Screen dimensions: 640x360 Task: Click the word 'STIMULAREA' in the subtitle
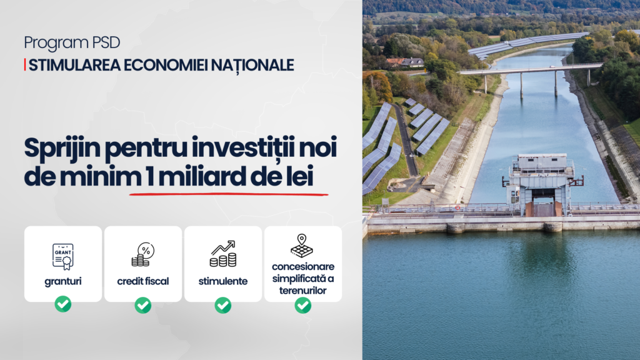[75, 65]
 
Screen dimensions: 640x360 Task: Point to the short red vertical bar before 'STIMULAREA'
[25, 65]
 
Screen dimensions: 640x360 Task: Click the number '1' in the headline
[149, 176]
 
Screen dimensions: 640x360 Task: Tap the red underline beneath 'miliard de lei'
[229, 194]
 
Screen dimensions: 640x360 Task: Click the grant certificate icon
[63, 256]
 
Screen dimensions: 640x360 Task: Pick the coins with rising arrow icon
[223, 254]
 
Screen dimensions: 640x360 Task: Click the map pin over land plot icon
[302, 246]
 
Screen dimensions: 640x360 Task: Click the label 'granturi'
[63, 282]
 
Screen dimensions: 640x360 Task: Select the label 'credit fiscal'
[143, 281]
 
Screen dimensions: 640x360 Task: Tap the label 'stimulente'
[223, 281]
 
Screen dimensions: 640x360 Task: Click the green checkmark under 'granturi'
[63, 304]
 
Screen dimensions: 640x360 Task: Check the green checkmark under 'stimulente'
[223, 305]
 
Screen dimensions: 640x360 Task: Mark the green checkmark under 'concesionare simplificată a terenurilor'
[303, 305]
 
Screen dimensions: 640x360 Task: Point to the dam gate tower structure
[542, 184]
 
